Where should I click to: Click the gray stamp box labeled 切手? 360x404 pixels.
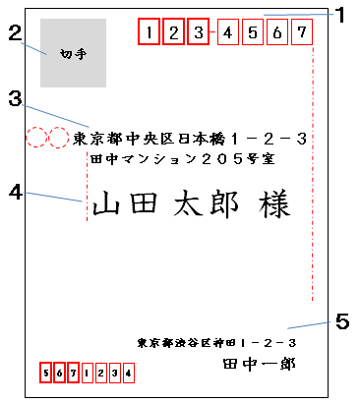point(70,53)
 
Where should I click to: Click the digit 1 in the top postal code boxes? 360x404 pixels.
point(148,33)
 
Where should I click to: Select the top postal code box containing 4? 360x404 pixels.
point(226,33)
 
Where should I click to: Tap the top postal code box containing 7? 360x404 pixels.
point(301,33)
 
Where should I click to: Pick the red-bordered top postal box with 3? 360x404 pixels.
point(197,33)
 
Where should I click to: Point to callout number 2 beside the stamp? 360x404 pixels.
point(14,33)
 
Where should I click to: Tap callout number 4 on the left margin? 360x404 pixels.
point(14,192)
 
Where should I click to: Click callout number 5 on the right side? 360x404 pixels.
point(341,320)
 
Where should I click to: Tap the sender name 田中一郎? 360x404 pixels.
point(259,363)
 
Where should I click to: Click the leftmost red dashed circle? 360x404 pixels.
point(37,139)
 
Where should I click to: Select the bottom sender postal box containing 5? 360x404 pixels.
point(45,374)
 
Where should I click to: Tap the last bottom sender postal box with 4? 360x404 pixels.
point(126,374)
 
